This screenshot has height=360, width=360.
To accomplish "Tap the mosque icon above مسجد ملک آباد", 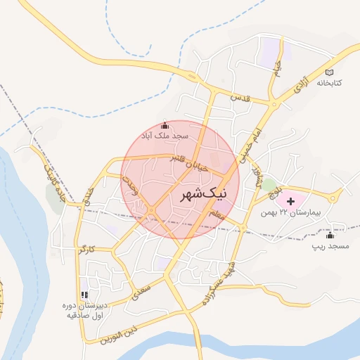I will (165, 124).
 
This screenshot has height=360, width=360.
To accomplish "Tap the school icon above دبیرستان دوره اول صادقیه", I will (84, 295).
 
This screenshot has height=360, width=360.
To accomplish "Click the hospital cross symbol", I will (290, 202).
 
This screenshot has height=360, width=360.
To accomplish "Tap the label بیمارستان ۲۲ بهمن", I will (304, 212).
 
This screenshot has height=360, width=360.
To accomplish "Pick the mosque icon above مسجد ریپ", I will (330, 236).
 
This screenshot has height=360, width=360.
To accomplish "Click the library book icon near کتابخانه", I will (330, 72).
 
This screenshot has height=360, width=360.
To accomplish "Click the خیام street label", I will (278, 70).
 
